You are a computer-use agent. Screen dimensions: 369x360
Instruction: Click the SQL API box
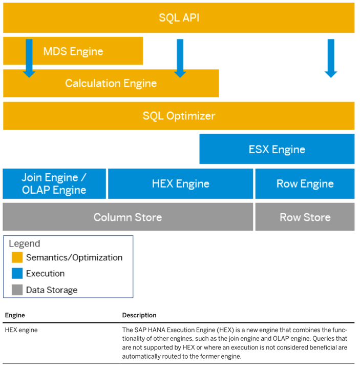[179, 18]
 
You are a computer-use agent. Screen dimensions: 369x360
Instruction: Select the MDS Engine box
[73, 51]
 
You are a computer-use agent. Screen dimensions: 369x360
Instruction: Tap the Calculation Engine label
[111, 84]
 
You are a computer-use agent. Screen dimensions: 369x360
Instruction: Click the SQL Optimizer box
[179, 116]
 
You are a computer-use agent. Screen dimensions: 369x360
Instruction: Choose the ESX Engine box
[277, 150]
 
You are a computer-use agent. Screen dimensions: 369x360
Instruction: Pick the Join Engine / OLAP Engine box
[54, 184]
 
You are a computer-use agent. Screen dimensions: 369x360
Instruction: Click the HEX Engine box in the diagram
[180, 184]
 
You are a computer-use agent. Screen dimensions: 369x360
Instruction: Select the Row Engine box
[305, 184]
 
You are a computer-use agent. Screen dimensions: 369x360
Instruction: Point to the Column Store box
[128, 217]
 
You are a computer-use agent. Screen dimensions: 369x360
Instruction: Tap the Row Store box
[305, 217]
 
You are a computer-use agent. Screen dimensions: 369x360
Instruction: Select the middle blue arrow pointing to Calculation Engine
[180, 58]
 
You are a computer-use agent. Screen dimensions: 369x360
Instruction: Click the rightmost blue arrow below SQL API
[331, 58]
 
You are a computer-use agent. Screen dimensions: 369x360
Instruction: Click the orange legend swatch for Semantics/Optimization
[17, 257]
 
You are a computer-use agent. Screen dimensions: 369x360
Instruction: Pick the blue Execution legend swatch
[17, 274]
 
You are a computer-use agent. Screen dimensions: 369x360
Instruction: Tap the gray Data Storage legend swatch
[17, 290]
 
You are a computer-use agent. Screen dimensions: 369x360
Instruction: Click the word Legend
[24, 244]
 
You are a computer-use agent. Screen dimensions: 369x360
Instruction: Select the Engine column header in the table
[15, 315]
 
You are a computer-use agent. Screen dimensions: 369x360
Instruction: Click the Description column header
[139, 315]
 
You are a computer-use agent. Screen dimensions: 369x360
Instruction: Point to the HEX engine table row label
[22, 330]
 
